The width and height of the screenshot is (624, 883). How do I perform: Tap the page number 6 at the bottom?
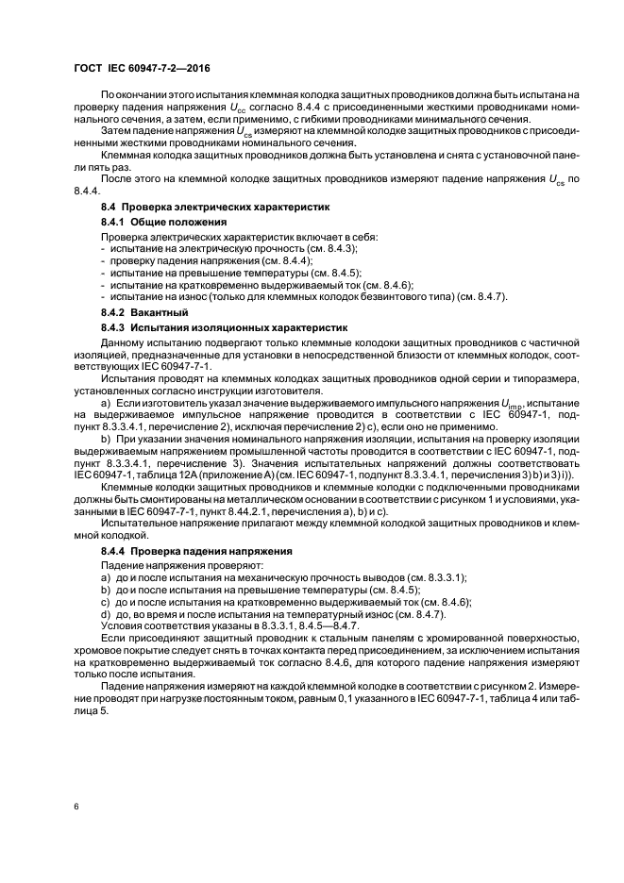tap(75, 807)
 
